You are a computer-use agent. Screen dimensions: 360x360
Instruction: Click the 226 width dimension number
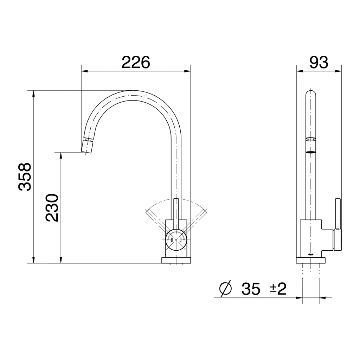click(x=136, y=62)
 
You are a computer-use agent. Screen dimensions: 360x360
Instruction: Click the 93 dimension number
click(x=319, y=62)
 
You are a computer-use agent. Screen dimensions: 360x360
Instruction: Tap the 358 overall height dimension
click(x=25, y=176)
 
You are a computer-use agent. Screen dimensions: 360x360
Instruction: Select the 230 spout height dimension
click(x=52, y=207)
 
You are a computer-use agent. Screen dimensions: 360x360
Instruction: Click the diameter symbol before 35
click(x=225, y=289)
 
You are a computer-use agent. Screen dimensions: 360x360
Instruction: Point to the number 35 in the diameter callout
click(x=251, y=289)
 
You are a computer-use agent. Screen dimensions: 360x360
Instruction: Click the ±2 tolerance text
click(x=278, y=289)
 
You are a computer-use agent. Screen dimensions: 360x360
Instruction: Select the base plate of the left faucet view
click(x=176, y=260)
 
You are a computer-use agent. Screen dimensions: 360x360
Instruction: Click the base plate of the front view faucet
click(x=310, y=260)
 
